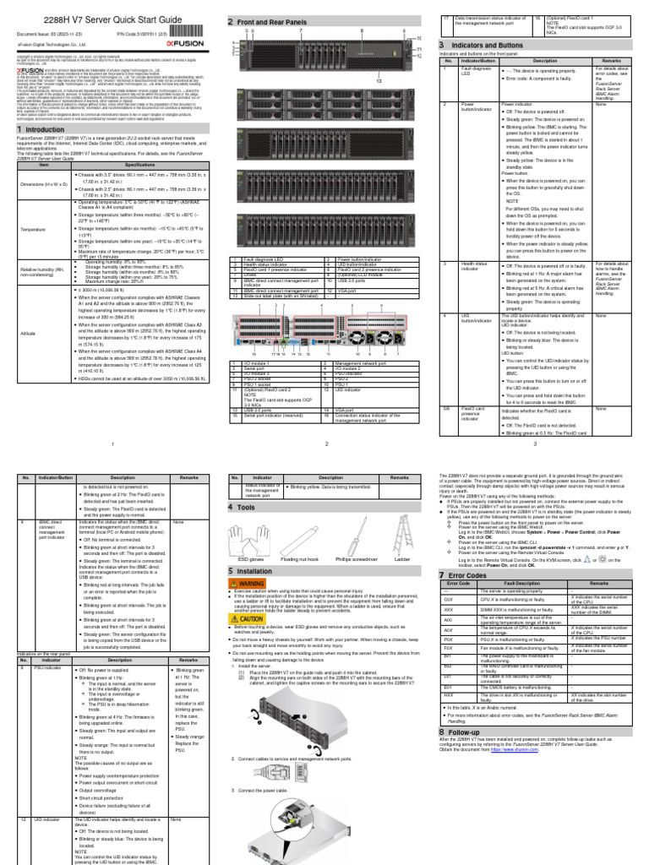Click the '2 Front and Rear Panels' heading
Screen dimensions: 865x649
(x=270, y=21)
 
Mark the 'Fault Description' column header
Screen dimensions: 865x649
(x=522, y=559)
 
